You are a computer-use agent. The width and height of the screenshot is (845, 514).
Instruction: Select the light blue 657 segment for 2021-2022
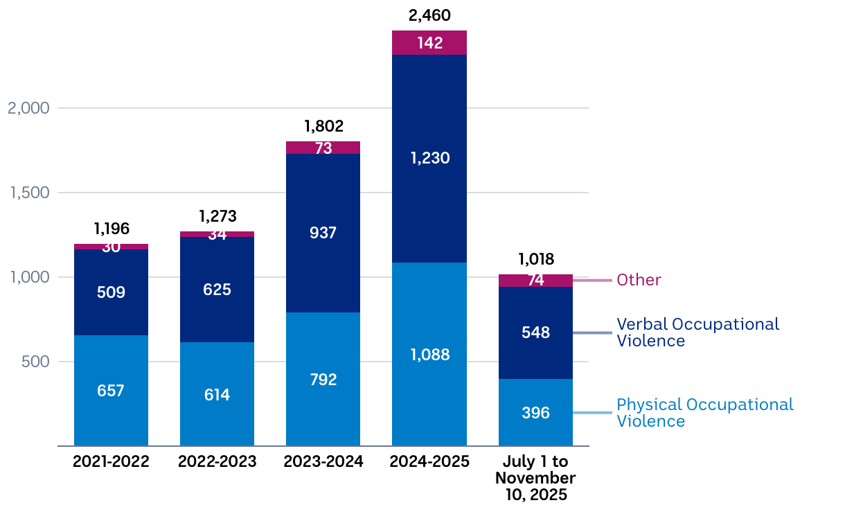click(x=111, y=391)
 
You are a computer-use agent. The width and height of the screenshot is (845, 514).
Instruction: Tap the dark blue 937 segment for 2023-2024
click(x=323, y=233)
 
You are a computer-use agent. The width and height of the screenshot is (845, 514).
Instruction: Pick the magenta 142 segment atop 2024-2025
click(x=429, y=43)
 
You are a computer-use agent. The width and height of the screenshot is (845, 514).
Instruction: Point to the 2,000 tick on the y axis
click(x=28, y=108)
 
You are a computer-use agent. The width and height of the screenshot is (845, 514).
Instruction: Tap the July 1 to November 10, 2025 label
click(x=535, y=478)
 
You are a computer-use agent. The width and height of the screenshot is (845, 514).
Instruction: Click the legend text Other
click(x=639, y=281)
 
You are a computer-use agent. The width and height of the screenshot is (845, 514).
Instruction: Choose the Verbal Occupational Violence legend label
click(x=697, y=333)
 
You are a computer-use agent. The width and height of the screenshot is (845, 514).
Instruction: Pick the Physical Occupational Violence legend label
click(x=704, y=413)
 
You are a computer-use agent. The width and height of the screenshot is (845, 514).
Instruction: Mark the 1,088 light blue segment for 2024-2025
click(x=429, y=355)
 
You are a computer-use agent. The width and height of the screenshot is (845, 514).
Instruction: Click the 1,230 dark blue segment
click(x=429, y=158)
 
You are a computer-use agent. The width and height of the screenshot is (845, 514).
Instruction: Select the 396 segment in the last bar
click(x=535, y=413)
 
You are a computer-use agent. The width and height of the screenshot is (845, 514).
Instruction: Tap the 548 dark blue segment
click(x=535, y=333)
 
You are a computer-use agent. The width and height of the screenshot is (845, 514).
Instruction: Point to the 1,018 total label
click(x=535, y=260)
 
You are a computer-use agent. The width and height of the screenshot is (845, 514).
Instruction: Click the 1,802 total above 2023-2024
click(x=323, y=127)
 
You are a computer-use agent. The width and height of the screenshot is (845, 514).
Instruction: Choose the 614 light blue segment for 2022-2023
click(x=217, y=395)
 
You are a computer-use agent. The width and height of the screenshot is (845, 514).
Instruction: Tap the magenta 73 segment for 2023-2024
click(x=323, y=148)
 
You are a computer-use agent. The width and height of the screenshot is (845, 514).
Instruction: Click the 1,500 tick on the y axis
click(x=28, y=193)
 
